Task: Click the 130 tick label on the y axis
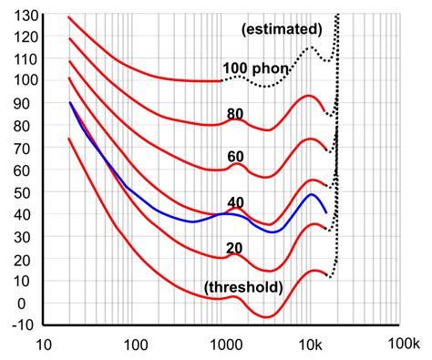(19, 15)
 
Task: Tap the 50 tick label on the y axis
(23, 192)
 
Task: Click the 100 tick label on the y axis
(19, 81)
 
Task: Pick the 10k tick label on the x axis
(310, 346)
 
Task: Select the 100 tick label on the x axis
(135, 346)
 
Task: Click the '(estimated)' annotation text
(282, 29)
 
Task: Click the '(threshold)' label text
(242, 287)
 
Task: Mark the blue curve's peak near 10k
(312, 194)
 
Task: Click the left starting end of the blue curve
(70, 103)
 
